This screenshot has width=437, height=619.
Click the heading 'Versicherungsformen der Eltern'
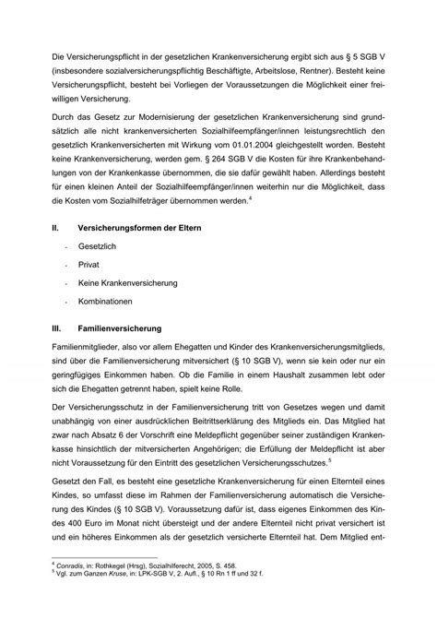pyautogui.click(x=152, y=227)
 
